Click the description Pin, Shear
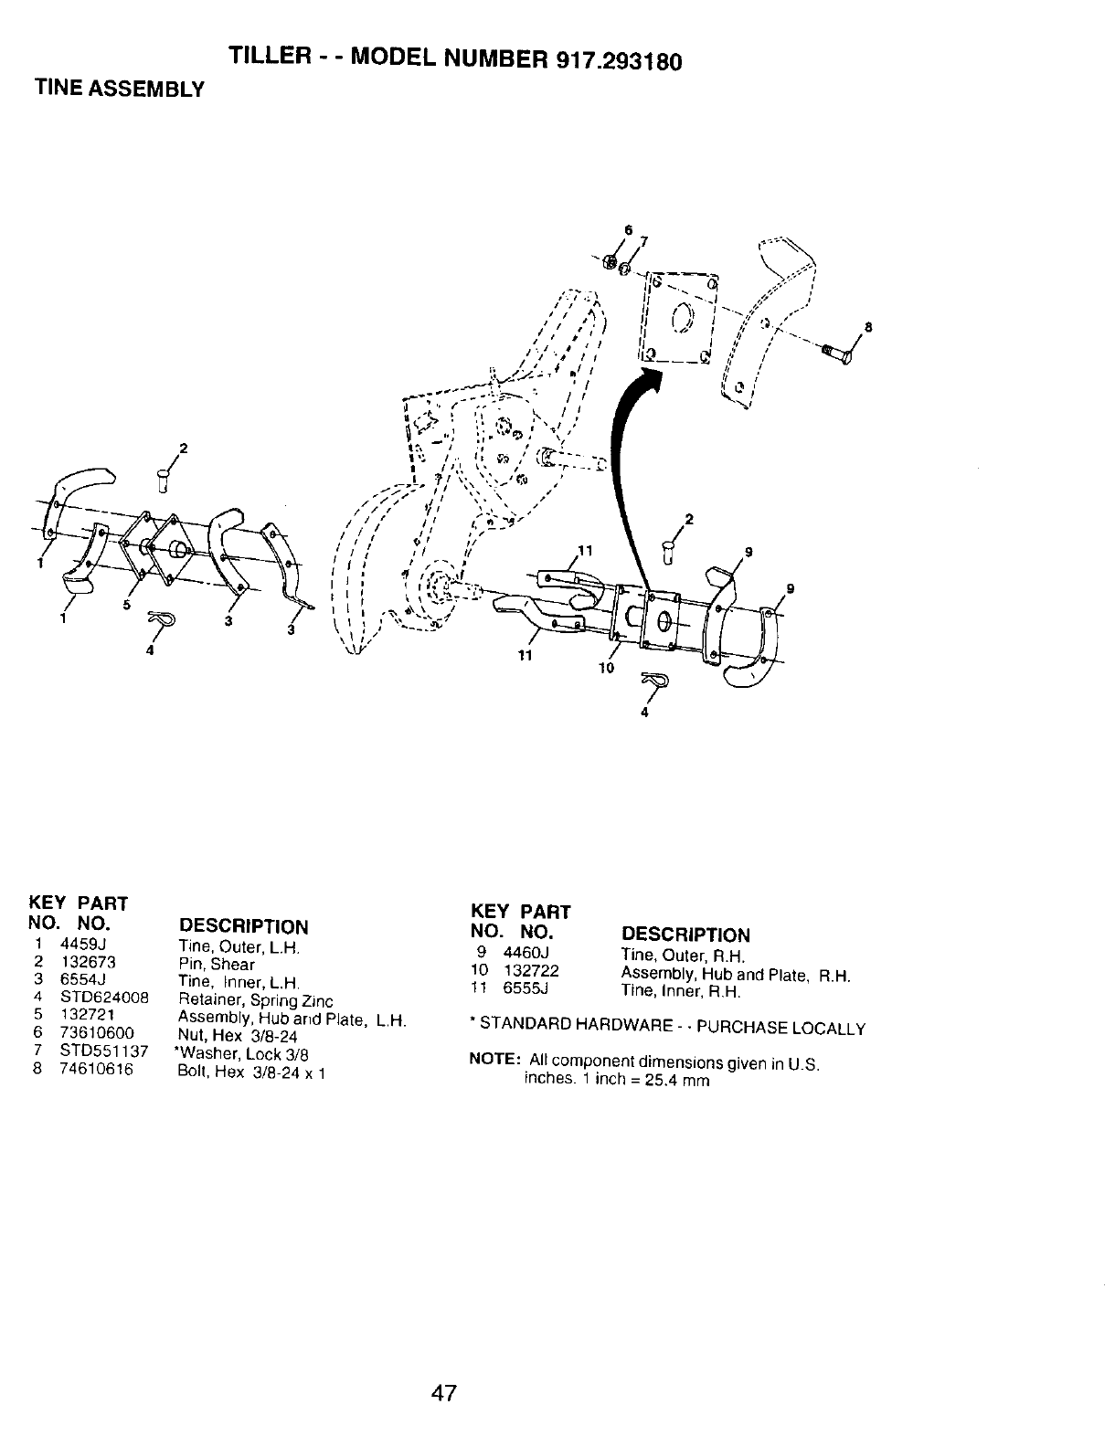(x=217, y=964)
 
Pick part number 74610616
(x=97, y=1069)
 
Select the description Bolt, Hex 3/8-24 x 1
(x=251, y=1072)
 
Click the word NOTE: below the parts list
(x=494, y=1061)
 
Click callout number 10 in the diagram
(x=605, y=668)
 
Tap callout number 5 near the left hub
(x=128, y=606)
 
